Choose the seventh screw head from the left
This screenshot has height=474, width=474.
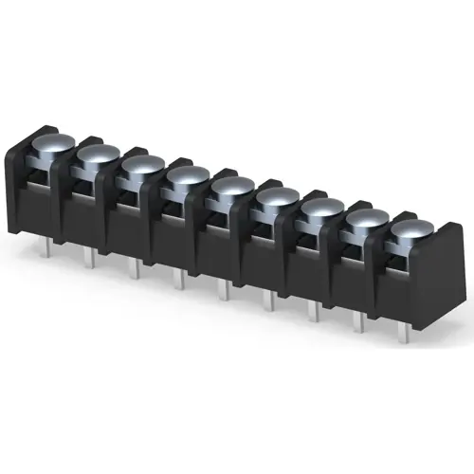tap(321, 209)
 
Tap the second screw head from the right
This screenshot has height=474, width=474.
tap(366, 219)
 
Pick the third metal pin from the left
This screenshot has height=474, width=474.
tap(134, 269)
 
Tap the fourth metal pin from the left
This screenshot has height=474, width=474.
tap(178, 279)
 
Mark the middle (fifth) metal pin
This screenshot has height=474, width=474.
tap(224, 289)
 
